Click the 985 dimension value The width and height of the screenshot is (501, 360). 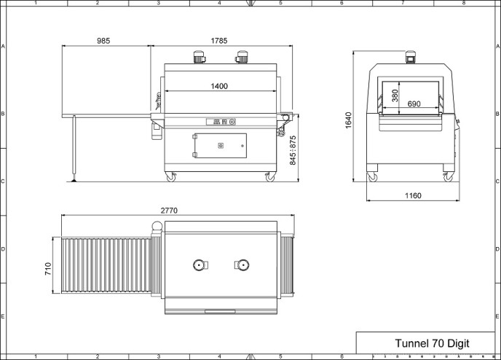[x=103, y=41]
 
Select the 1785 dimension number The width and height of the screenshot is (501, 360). [x=219, y=41]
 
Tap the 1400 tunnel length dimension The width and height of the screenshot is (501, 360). [x=219, y=86]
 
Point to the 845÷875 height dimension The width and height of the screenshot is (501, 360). [x=293, y=150]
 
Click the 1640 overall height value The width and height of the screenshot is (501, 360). [x=348, y=120]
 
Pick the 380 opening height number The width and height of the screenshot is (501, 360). [x=395, y=95]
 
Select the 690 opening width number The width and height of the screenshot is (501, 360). [x=414, y=103]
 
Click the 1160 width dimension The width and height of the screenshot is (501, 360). [x=413, y=195]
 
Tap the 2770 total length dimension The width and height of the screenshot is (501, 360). [x=169, y=211]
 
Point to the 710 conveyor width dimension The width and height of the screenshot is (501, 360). [x=48, y=269]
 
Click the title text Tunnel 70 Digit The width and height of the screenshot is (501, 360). [x=432, y=343]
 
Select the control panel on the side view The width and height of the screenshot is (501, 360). [x=221, y=122]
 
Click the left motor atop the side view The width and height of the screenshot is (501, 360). [x=199, y=57]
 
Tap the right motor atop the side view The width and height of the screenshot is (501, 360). [x=242, y=57]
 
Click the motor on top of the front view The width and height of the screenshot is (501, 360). [x=410, y=57]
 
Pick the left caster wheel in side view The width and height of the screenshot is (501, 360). [x=171, y=177]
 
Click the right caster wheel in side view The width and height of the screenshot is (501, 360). [x=270, y=177]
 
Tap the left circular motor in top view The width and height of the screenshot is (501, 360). [x=200, y=265]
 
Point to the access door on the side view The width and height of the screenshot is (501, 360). [x=219, y=146]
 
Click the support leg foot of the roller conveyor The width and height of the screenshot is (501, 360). [x=74, y=180]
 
